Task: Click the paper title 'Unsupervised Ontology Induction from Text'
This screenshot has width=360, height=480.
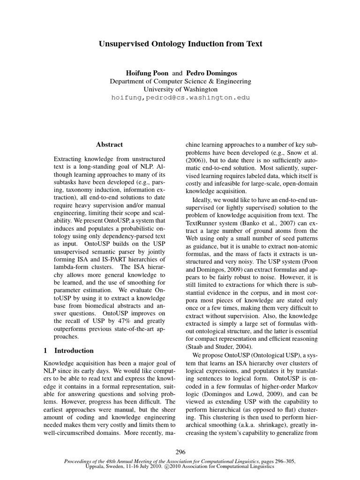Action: (x=180, y=44)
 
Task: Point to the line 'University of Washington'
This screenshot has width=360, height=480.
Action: (x=180, y=89)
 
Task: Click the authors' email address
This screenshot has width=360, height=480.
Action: (x=180, y=97)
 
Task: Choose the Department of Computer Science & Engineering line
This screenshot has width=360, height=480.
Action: (x=180, y=82)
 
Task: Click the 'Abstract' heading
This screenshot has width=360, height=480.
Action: (x=109, y=145)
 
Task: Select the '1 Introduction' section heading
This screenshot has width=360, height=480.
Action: (x=68, y=350)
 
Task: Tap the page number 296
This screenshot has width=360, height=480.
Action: (x=180, y=452)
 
